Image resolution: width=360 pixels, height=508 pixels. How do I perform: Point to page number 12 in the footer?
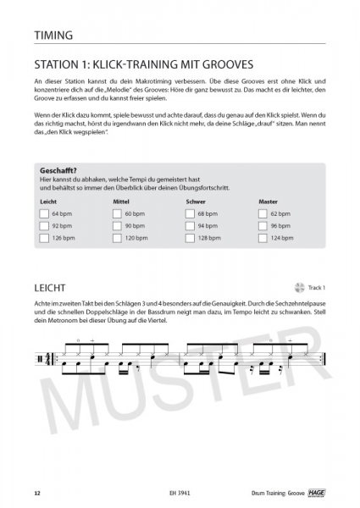[x=36, y=493]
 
